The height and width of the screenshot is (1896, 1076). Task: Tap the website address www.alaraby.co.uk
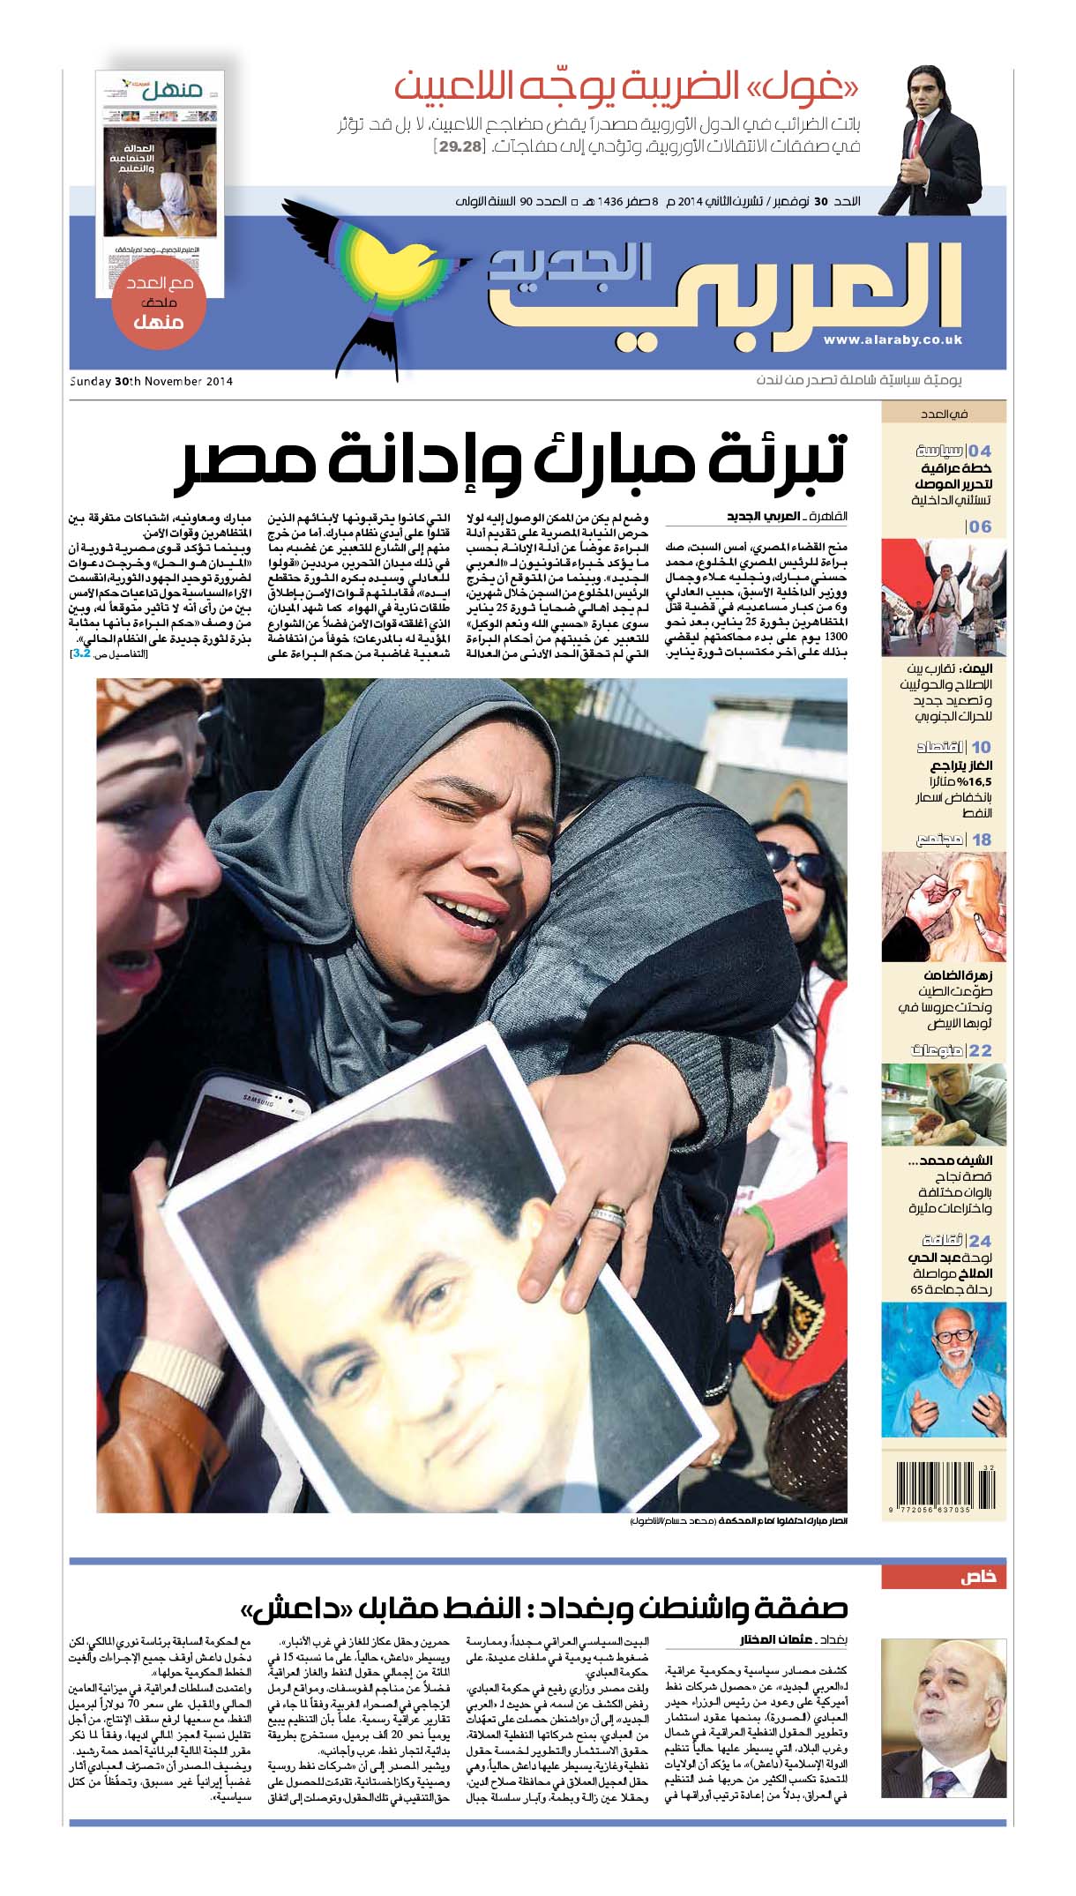pyautogui.click(x=893, y=340)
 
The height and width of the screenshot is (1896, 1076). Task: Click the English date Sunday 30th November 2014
pyautogui.click(x=151, y=382)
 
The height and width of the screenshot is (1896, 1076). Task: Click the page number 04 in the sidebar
pyautogui.click(x=980, y=451)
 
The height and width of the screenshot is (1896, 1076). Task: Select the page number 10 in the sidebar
pyautogui.click(x=981, y=747)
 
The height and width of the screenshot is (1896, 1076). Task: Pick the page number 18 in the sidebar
pyautogui.click(x=982, y=840)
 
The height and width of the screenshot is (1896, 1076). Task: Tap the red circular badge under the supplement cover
pyautogui.click(x=159, y=304)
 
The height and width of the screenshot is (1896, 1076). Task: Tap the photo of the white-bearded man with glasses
pyautogui.click(x=943, y=1370)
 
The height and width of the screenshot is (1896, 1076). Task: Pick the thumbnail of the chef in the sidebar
pyautogui.click(x=943, y=1104)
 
